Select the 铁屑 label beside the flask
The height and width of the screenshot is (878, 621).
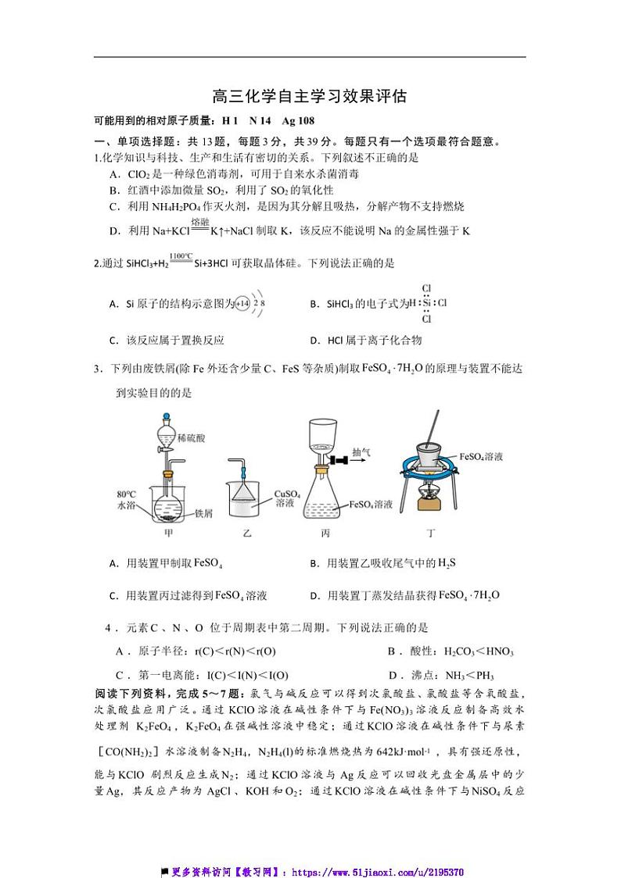point(204,513)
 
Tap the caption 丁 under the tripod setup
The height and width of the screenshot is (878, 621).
point(430,534)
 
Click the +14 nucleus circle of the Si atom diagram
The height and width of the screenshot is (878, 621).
point(243,303)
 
